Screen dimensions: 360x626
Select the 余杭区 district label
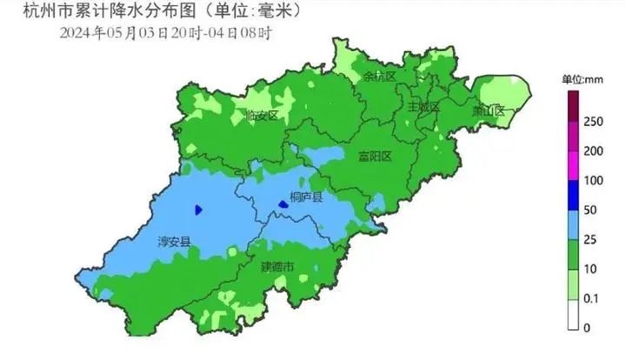pyautogui.click(x=379, y=77)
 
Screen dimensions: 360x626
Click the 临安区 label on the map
pyautogui.click(x=262, y=115)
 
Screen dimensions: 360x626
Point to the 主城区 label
pyautogui.click(x=423, y=106)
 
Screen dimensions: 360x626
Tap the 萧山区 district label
pyautogui.click(x=488, y=110)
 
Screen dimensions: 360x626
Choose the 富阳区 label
pyautogui.click(x=376, y=157)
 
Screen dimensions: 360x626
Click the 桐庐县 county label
pyautogui.click(x=306, y=198)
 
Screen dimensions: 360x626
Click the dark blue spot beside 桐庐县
pyautogui.click(x=283, y=204)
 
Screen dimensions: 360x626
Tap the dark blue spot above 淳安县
pyautogui.click(x=199, y=210)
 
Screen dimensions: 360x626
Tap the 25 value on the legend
pyautogui.click(x=591, y=239)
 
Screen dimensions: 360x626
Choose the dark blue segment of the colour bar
pyautogui.click(x=574, y=195)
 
